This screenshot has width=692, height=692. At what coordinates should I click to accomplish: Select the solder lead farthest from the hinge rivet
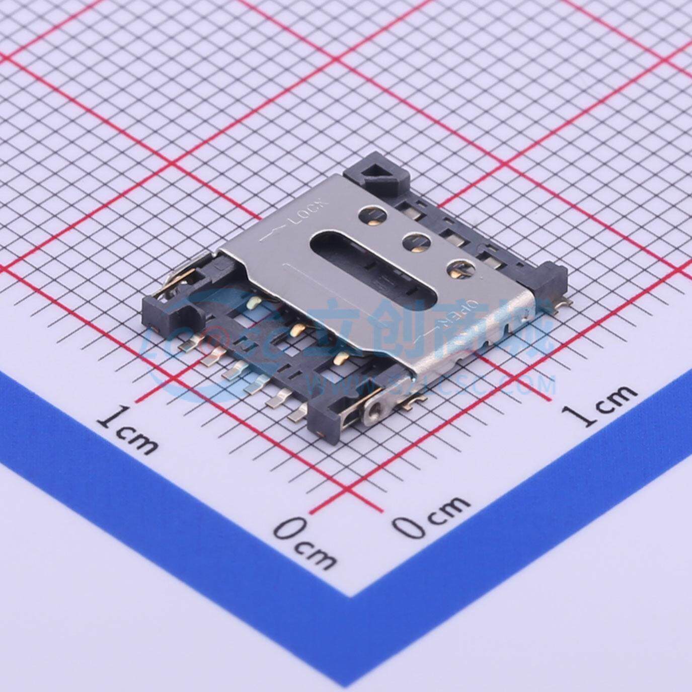point(190,343)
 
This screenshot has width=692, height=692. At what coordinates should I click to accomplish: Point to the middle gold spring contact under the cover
point(297,330)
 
